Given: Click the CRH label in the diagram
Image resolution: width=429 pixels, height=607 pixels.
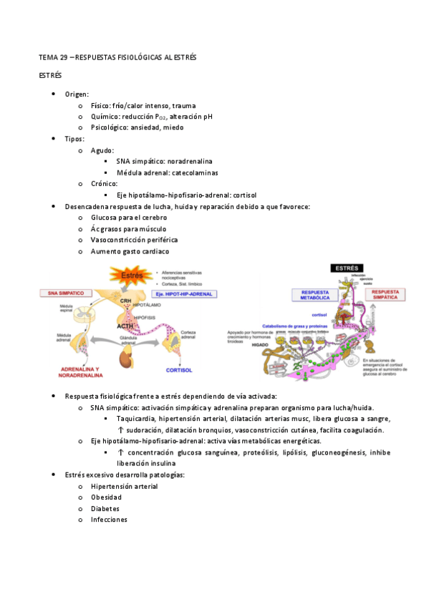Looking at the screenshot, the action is tap(125, 301).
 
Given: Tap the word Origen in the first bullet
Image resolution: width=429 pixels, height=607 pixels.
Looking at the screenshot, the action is tap(76, 94).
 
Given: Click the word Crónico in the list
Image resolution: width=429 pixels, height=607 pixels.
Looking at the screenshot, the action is tap(105, 183).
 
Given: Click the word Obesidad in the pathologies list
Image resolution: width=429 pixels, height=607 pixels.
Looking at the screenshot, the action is tap(106, 497).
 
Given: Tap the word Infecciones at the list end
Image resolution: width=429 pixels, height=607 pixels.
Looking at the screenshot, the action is tap(109, 519).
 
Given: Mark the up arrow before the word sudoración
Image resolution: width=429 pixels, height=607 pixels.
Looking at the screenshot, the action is tap(120, 430).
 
